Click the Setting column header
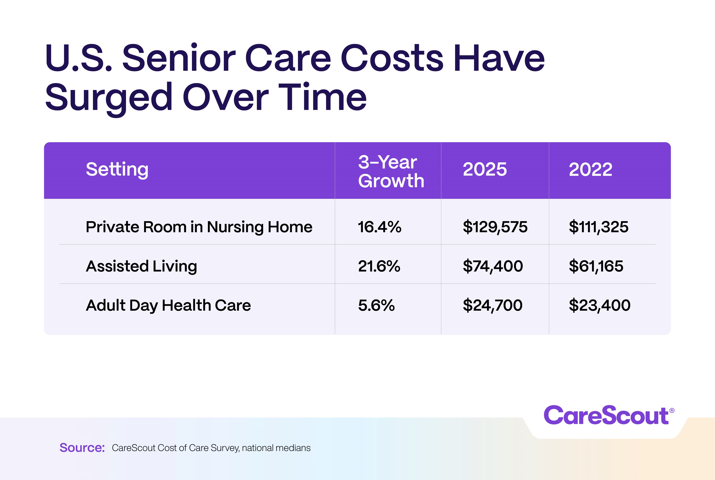pos(117,170)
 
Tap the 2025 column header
pos(485,169)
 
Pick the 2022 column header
pos(590,169)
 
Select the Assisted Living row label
pos(141,266)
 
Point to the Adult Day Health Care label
pos(168,305)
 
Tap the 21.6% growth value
pos(379,266)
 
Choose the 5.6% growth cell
pos(376,305)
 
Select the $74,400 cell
pos(493,266)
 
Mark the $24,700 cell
pos(492,305)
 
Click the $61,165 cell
pos(596,266)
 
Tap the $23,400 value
pos(600,305)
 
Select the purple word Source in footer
pos(82,448)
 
